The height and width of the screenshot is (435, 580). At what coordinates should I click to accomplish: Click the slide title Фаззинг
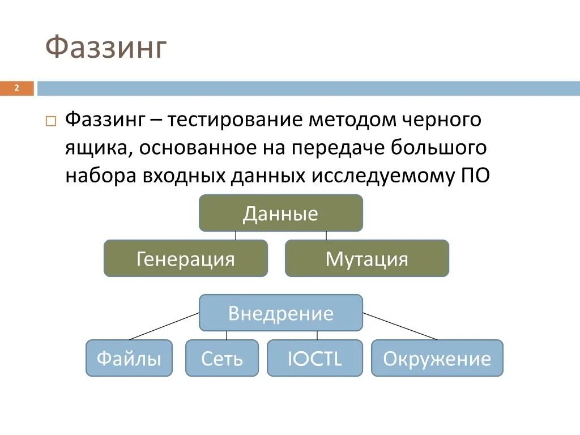pos(106,48)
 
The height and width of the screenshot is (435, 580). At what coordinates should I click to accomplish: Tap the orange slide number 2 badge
pos(17,88)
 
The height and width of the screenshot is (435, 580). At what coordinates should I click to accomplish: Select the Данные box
pos(280,213)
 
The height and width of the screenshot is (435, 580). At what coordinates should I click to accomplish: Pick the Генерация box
pos(185,258)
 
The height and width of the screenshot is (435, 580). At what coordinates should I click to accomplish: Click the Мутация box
pos(366,258)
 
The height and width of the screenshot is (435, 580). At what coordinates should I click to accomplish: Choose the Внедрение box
pos(280,313)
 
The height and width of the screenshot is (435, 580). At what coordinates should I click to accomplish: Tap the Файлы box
pos(129,358)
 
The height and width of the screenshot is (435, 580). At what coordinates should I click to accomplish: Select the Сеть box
pos(221,358)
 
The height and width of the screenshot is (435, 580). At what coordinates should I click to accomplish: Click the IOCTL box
pos(314,358)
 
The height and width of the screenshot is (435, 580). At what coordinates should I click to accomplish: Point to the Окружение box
pos(437,358)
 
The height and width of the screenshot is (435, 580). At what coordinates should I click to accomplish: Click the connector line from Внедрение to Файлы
pos(164,326)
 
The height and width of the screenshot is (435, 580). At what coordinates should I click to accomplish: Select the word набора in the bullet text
pos(100,176)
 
